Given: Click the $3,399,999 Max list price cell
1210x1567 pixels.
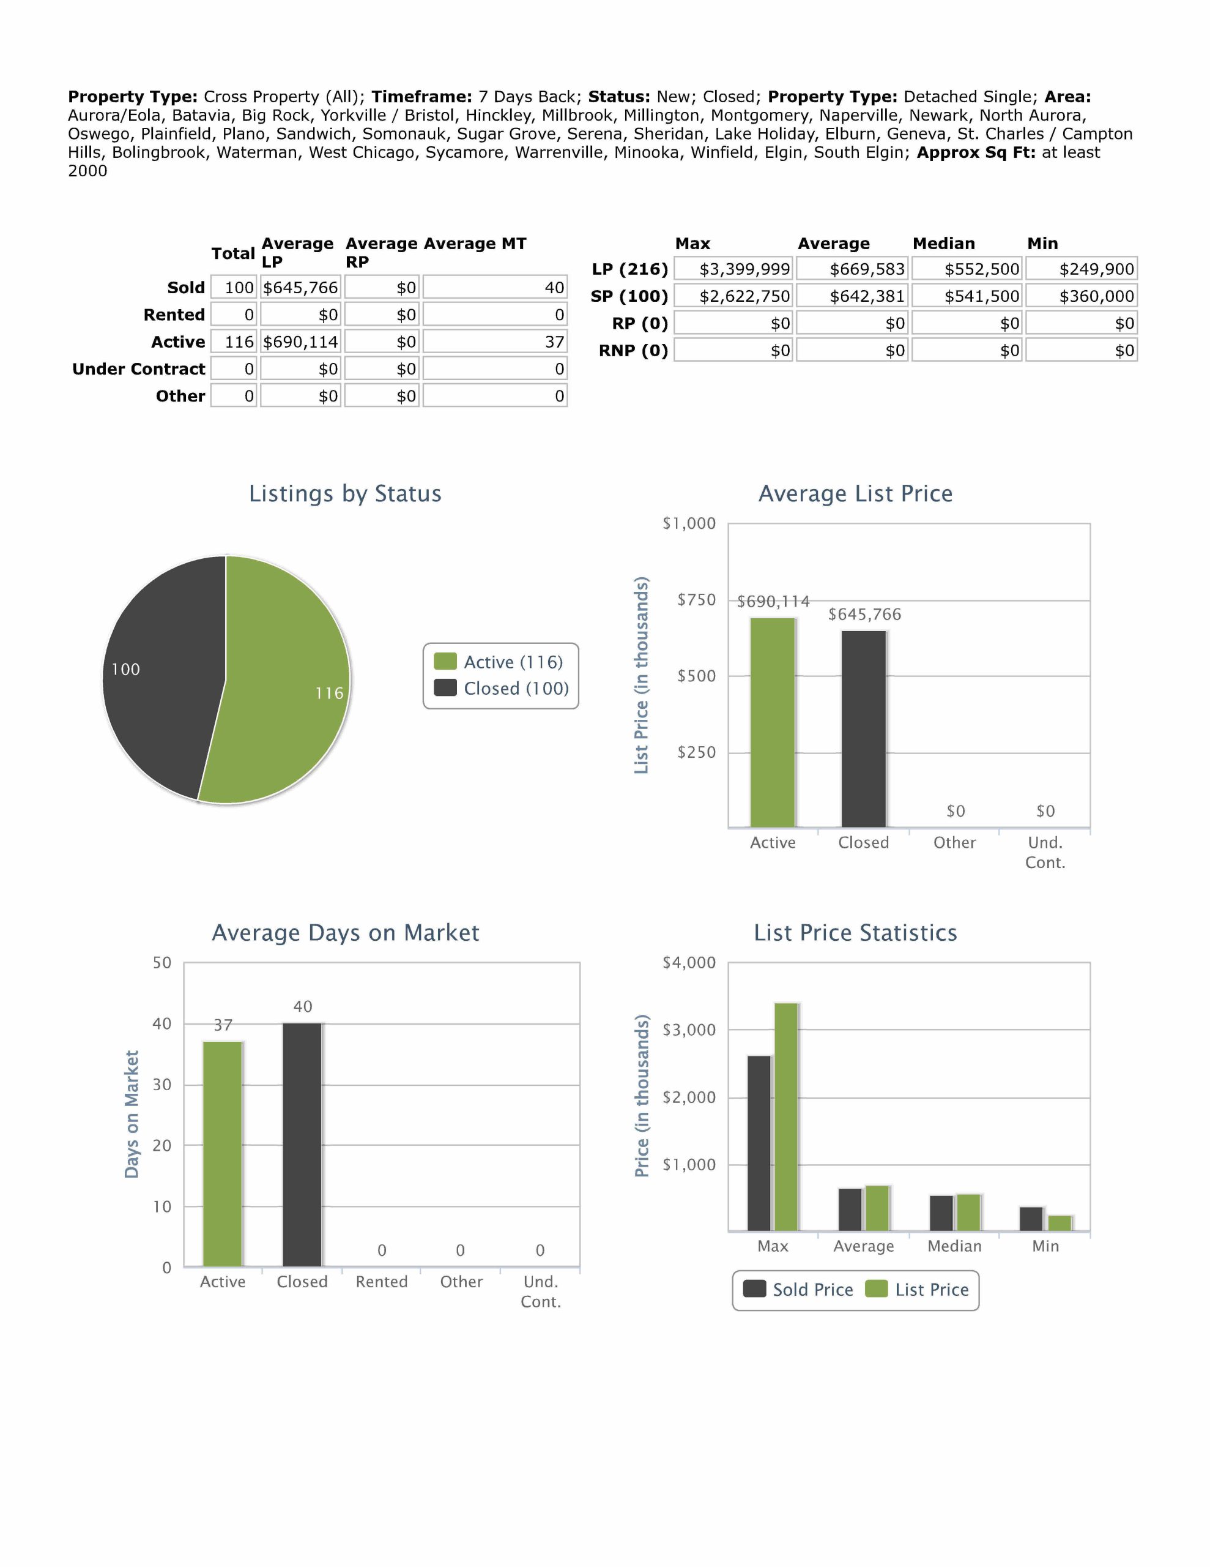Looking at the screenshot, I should pyautogui.click(x=733, y=269).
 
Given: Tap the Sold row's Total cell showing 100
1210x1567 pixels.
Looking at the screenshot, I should pyautogui.click(x=234, y=288).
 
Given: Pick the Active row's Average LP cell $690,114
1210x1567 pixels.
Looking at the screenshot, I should pyautogui.click(x=300, y=342).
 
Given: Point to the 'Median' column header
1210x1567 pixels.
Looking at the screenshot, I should pyautogui.click(x=943, y=243).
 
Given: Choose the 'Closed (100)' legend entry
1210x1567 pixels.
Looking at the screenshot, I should pyautogui.click(x=502, y=689).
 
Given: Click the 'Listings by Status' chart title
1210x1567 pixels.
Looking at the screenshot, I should pyautogui.click(x=345, y=493).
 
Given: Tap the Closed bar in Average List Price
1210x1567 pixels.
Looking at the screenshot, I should pyautogui.click(x=864, y=728).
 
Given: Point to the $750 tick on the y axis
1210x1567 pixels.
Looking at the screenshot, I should pyautogui.click(x=696, y=600).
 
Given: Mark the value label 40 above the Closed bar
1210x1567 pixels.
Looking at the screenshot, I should pyautogui.click(x=303, y=1007).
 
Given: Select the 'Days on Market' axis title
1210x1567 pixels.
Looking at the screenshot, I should pyautogui.click(x=132, y=1114).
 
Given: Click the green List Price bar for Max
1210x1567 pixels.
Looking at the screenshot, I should pyautogui.click(x=786, y=1116).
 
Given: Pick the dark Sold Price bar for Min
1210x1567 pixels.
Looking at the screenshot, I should pyautogui.click(x=1031, y=1219).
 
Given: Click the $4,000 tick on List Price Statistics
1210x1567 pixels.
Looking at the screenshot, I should pyautogui.click(x=689, y=963).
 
